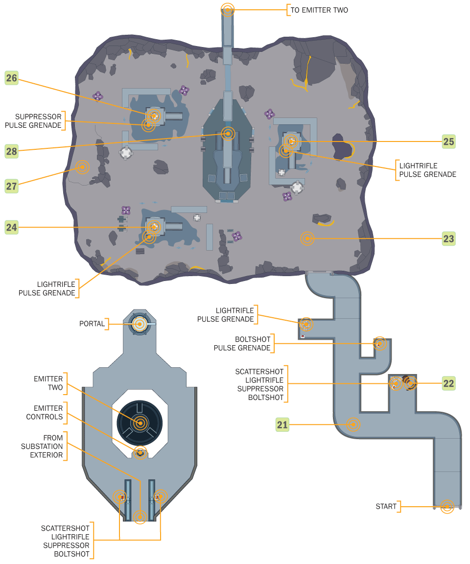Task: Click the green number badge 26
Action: coord(12,78)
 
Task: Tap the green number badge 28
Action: coord(12,151)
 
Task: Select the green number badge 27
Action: coord(12,186)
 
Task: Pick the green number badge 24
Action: coord(12,227)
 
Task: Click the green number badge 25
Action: coord(448,141)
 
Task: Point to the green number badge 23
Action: coord(448,239)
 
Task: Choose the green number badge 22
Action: coord(448,383)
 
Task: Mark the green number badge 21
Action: coord(282,424)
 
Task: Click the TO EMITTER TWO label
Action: coord(319,10)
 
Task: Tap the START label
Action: coord(386,506)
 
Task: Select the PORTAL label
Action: coord(92,324)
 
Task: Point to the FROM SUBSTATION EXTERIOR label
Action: coord(42,446)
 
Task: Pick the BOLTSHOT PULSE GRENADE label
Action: coord(242,344)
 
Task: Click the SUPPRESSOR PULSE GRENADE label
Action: coord(34,121)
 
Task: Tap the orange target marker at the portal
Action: coord(140,324)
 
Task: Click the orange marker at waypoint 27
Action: coord(82,167)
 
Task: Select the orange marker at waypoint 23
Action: coord(307,238)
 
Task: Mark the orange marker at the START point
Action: coord(446,506)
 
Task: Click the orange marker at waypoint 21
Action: coord(353,424)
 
